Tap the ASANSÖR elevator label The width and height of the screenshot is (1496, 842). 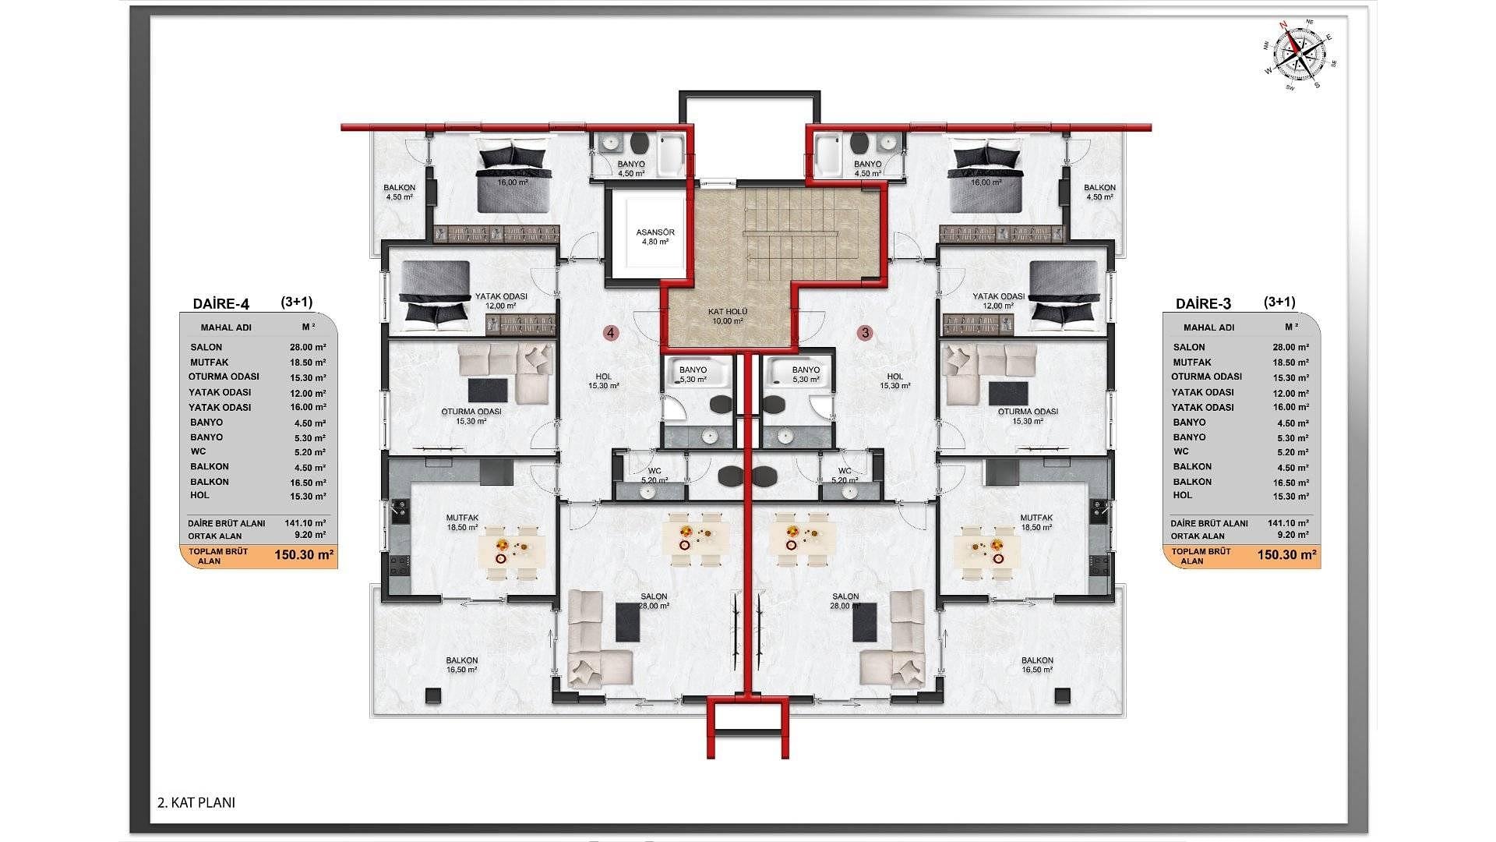(655, 232)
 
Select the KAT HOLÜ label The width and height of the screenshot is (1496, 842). (728, 311)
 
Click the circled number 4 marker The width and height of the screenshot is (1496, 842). (612, 333)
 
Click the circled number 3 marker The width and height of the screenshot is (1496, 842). (865, 333)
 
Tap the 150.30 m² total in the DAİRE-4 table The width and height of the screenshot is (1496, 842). (305, 555)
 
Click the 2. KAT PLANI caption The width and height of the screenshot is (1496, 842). (196, 802)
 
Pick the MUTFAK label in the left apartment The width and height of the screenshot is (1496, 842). (462, 518)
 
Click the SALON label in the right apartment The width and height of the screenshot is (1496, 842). (845, 596)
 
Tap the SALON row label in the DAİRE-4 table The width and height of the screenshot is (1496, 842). (206, 347)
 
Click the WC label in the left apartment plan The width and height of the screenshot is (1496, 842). (654, 471)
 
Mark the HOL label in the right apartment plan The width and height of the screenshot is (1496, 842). (894, 377)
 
